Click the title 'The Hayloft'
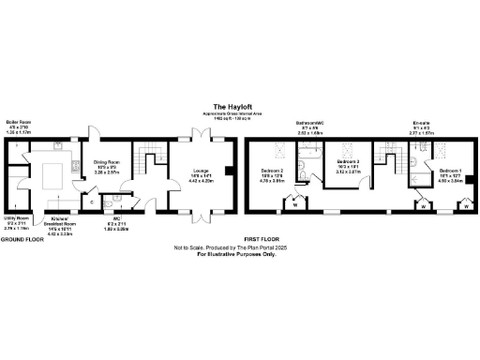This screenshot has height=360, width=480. point(229,106)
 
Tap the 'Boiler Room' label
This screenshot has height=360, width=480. point(19,122)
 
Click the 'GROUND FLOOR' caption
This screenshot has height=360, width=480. point(25,239)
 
